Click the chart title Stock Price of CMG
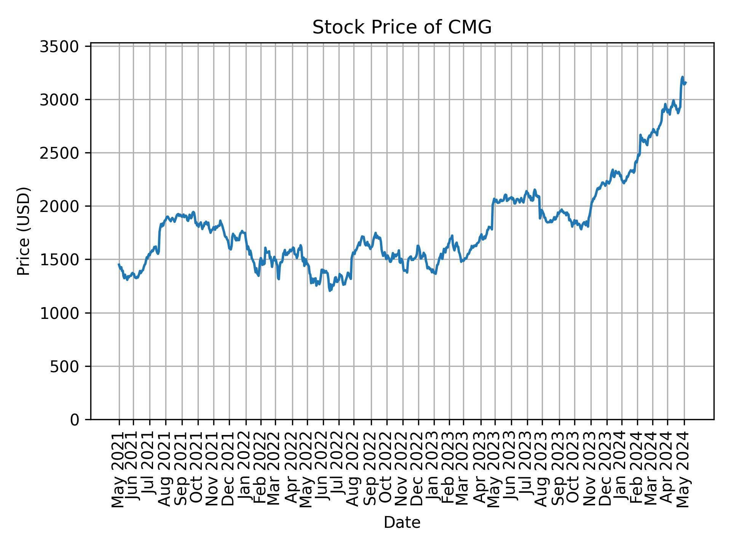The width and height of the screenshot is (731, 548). click(402, 28)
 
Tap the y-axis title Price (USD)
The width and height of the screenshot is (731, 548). click(24, 231)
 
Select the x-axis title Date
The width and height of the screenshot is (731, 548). click(402, 523)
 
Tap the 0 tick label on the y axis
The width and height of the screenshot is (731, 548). click(74, 420)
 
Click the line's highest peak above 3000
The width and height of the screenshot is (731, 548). click(682, 77)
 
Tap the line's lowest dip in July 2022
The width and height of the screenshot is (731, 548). click(330, 291)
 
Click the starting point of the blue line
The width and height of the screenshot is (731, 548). click(119, 264)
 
